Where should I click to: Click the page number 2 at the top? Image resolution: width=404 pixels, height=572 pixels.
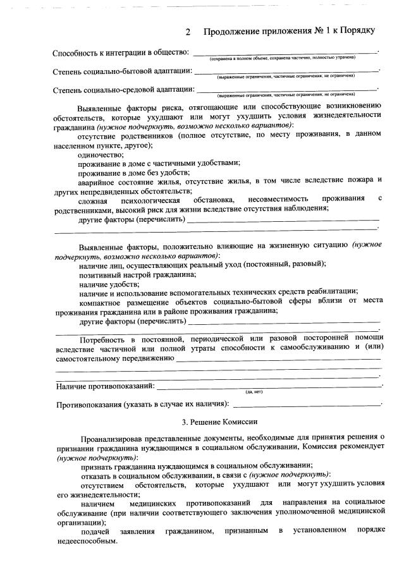188,31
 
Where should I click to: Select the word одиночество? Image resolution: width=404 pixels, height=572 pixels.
101,154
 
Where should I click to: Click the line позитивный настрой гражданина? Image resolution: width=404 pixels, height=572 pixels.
138,274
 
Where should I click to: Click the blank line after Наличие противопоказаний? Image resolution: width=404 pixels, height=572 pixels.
268,385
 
